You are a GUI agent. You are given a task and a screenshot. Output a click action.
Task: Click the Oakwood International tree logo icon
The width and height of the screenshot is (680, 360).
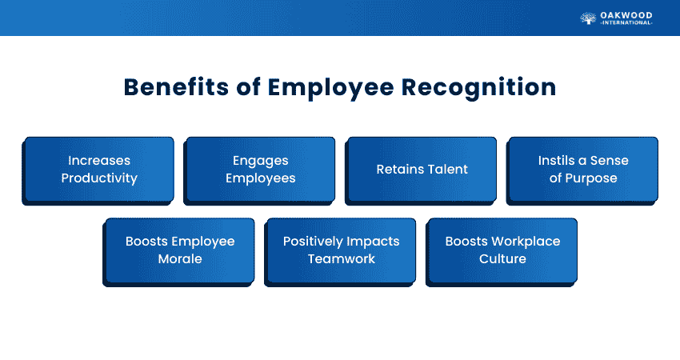click(588, 18)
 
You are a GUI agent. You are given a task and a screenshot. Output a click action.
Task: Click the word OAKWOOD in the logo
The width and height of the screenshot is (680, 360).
click(626, 14)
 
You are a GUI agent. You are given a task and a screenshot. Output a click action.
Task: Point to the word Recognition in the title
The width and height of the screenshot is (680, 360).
click(478, 87)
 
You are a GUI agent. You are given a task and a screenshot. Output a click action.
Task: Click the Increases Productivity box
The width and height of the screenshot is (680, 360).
click(98, 170)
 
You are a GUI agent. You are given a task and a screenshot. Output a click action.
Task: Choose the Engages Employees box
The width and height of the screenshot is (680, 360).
click(260, 170)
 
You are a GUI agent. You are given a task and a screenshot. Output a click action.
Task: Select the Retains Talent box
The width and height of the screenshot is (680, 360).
click(422, 170)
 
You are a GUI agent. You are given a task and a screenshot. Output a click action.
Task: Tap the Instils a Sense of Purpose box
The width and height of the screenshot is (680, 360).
click(582, 170)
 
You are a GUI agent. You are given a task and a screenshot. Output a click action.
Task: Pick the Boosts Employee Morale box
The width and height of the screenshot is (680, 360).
click(180, 250)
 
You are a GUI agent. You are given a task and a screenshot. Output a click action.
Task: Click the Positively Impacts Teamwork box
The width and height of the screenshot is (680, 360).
click(342, 250)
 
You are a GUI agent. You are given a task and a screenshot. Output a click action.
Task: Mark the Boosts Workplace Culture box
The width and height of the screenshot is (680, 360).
click(502, 250)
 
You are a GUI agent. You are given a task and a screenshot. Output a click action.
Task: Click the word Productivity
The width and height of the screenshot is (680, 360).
click(99, 178)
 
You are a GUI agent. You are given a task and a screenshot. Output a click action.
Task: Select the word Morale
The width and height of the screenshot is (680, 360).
click(180, 259)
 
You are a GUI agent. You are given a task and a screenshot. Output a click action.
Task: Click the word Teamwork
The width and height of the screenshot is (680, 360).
click(342, 259)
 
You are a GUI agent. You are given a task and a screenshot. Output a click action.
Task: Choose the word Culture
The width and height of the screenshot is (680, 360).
click(502, 259)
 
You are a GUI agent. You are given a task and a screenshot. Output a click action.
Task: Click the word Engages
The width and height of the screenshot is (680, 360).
click(260, 161)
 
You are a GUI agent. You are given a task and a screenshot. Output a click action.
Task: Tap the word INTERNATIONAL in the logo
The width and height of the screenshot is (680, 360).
click(626, 23)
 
